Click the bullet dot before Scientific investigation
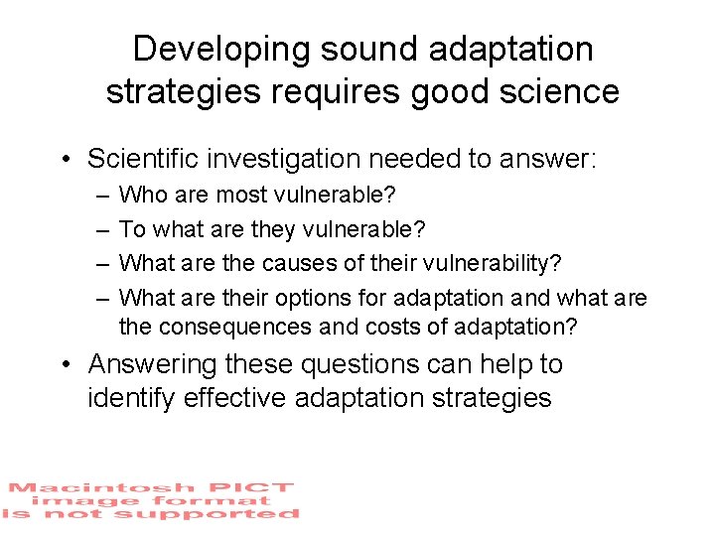67,160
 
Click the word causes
296,263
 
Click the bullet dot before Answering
67,365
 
